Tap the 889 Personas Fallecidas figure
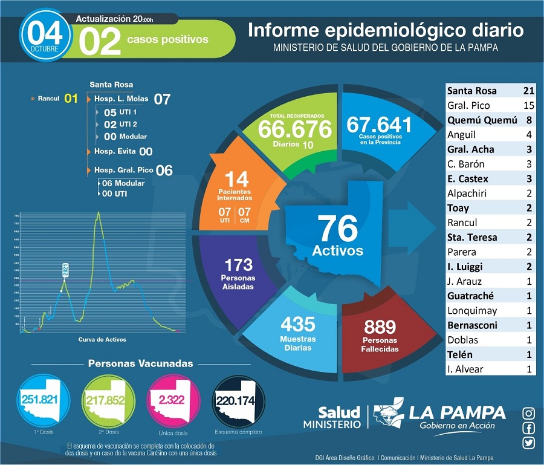[x=380, y=328]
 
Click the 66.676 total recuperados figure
[x=295, y=128]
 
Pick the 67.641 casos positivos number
[x=379, y=125]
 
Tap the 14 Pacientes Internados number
[x=236, y=178]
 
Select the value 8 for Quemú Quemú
[x=529, y=120]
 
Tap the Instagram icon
[x=528, y=414]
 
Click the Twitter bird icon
[x=528, y=443]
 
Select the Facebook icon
[x=528, y=429]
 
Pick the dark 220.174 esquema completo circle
[x=237, y=400]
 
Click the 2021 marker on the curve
[x=65, y=270]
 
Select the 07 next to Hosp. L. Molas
[x=162, y=99]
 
